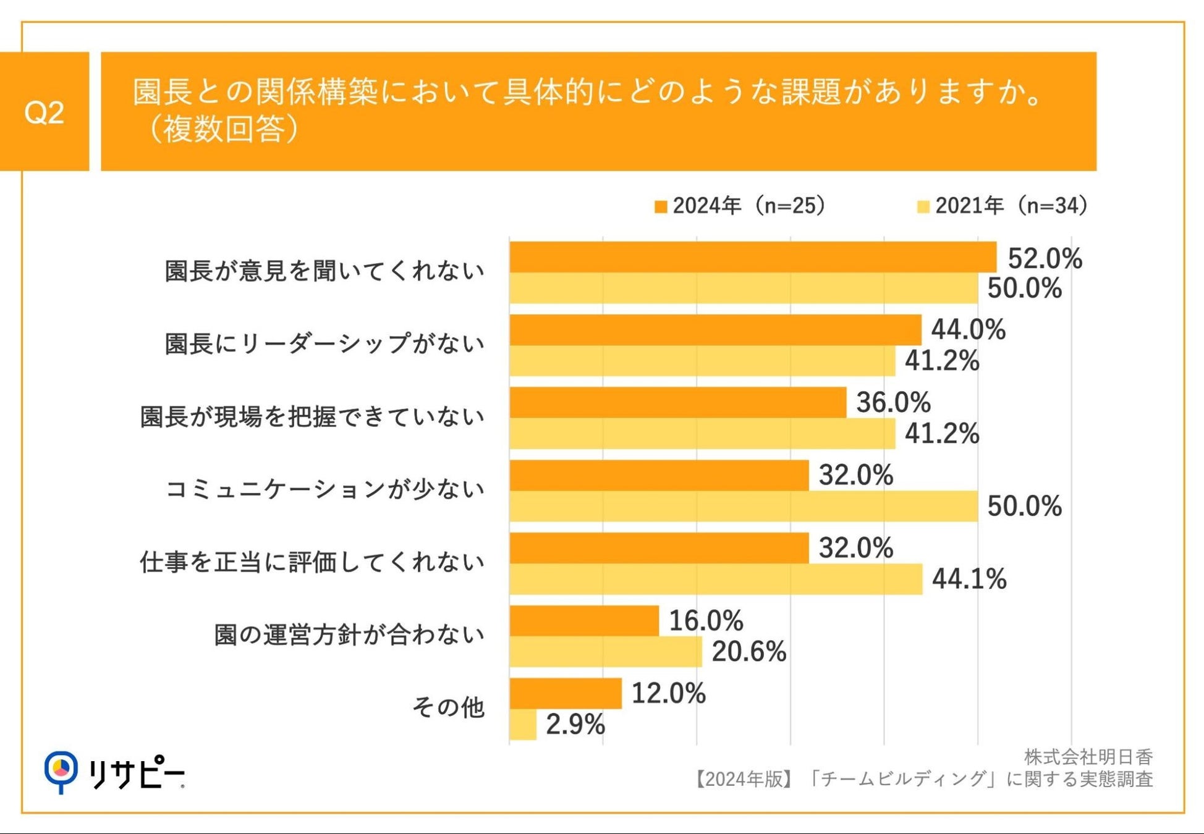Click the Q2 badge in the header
44,112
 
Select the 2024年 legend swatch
660,206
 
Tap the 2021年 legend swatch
923,206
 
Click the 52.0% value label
1045,258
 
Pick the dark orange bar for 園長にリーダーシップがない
715,330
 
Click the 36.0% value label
893,403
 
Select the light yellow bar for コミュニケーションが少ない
744,507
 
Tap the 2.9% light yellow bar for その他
523,725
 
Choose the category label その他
448,707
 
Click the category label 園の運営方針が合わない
349,635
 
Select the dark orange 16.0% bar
584,621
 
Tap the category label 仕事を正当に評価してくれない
312,562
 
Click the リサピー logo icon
61,771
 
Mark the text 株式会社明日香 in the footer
1088,757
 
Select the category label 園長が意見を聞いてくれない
324,271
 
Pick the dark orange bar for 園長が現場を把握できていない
678,403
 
